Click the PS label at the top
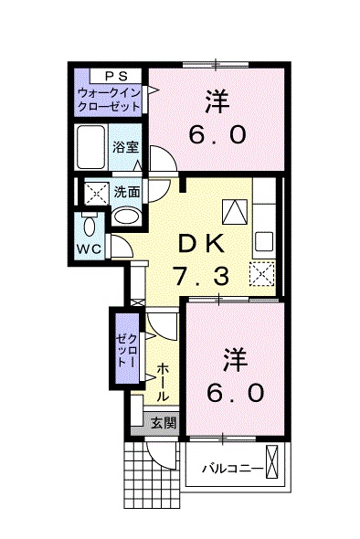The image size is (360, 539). coord(116,76)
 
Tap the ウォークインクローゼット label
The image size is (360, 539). coord(110,100)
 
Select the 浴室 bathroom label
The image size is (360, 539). coord(125,147)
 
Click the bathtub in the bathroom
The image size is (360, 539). coord(90,147)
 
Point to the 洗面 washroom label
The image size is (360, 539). coord(127,192)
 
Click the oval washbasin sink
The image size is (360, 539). coord(126,216)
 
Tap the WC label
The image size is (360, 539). coord(89,248)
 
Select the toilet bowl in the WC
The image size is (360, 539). coord(89,227)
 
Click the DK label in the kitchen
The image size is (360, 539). coord(201,244)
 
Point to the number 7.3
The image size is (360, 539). coord(202,277)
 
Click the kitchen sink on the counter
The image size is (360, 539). coord(264,241)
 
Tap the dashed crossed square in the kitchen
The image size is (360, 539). coord(262,274)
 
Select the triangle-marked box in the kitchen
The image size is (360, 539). coord(235,211)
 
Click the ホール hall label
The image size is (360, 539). coord(163,383)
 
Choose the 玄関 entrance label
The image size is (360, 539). coord(164,423)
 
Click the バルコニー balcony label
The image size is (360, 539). coord(233,468)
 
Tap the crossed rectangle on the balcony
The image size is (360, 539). coord(271,461)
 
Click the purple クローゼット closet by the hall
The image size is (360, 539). coord(127,348)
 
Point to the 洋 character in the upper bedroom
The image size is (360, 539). coord(217,101)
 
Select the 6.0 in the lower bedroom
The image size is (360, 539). coord(236,393)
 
